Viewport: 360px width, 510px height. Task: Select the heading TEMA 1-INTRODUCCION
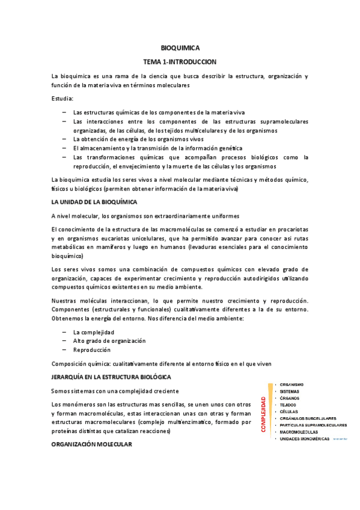[x=180, y=61]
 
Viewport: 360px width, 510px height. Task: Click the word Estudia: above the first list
[x=63, y=98]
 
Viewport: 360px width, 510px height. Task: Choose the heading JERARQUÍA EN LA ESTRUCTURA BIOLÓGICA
[x=111, y=376]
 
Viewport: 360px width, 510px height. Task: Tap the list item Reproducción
[x=91, y=349]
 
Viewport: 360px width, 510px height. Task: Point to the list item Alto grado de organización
[x=109, y=340]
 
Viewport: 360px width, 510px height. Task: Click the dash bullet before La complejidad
[x=64, y=332]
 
